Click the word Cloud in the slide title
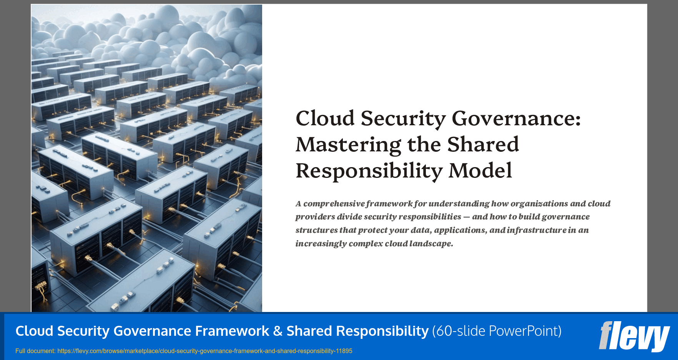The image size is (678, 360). [x=325, y=118]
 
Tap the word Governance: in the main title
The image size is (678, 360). [x=516, y=118]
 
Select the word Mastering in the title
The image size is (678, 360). [x=348, y=145]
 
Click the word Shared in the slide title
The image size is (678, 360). [x=483, y=145]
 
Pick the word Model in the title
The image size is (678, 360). [x=480, y=171]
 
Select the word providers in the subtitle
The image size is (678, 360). [x=315, y=217]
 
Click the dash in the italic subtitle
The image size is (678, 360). [x=466, y=217]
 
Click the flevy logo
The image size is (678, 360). [x=634, y=336]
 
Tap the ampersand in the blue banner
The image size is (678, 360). [x=278, y=331]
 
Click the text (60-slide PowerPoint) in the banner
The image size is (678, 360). [x=497, y=331]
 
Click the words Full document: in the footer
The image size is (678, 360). [x=35, y=351]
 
